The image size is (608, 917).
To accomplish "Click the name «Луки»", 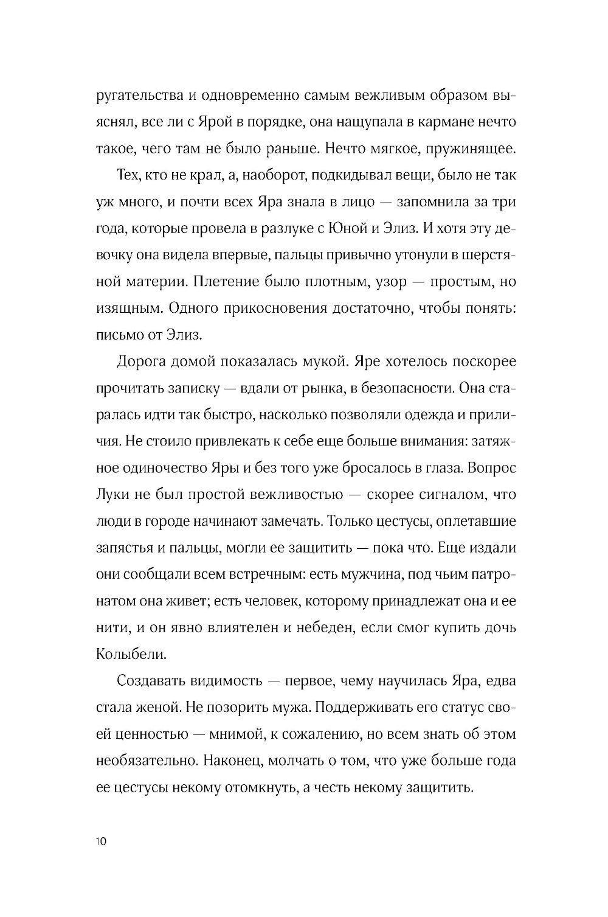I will click(x=112, y=495).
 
